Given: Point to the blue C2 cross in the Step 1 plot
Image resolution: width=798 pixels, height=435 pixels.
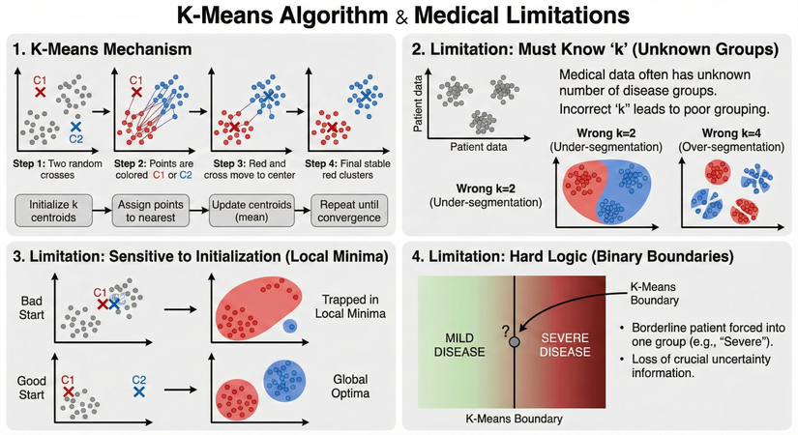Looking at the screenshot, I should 76,127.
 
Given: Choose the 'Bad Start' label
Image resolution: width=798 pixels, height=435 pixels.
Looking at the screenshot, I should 31,308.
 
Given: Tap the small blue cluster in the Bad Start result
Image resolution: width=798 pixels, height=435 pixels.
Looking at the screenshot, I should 289,329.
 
